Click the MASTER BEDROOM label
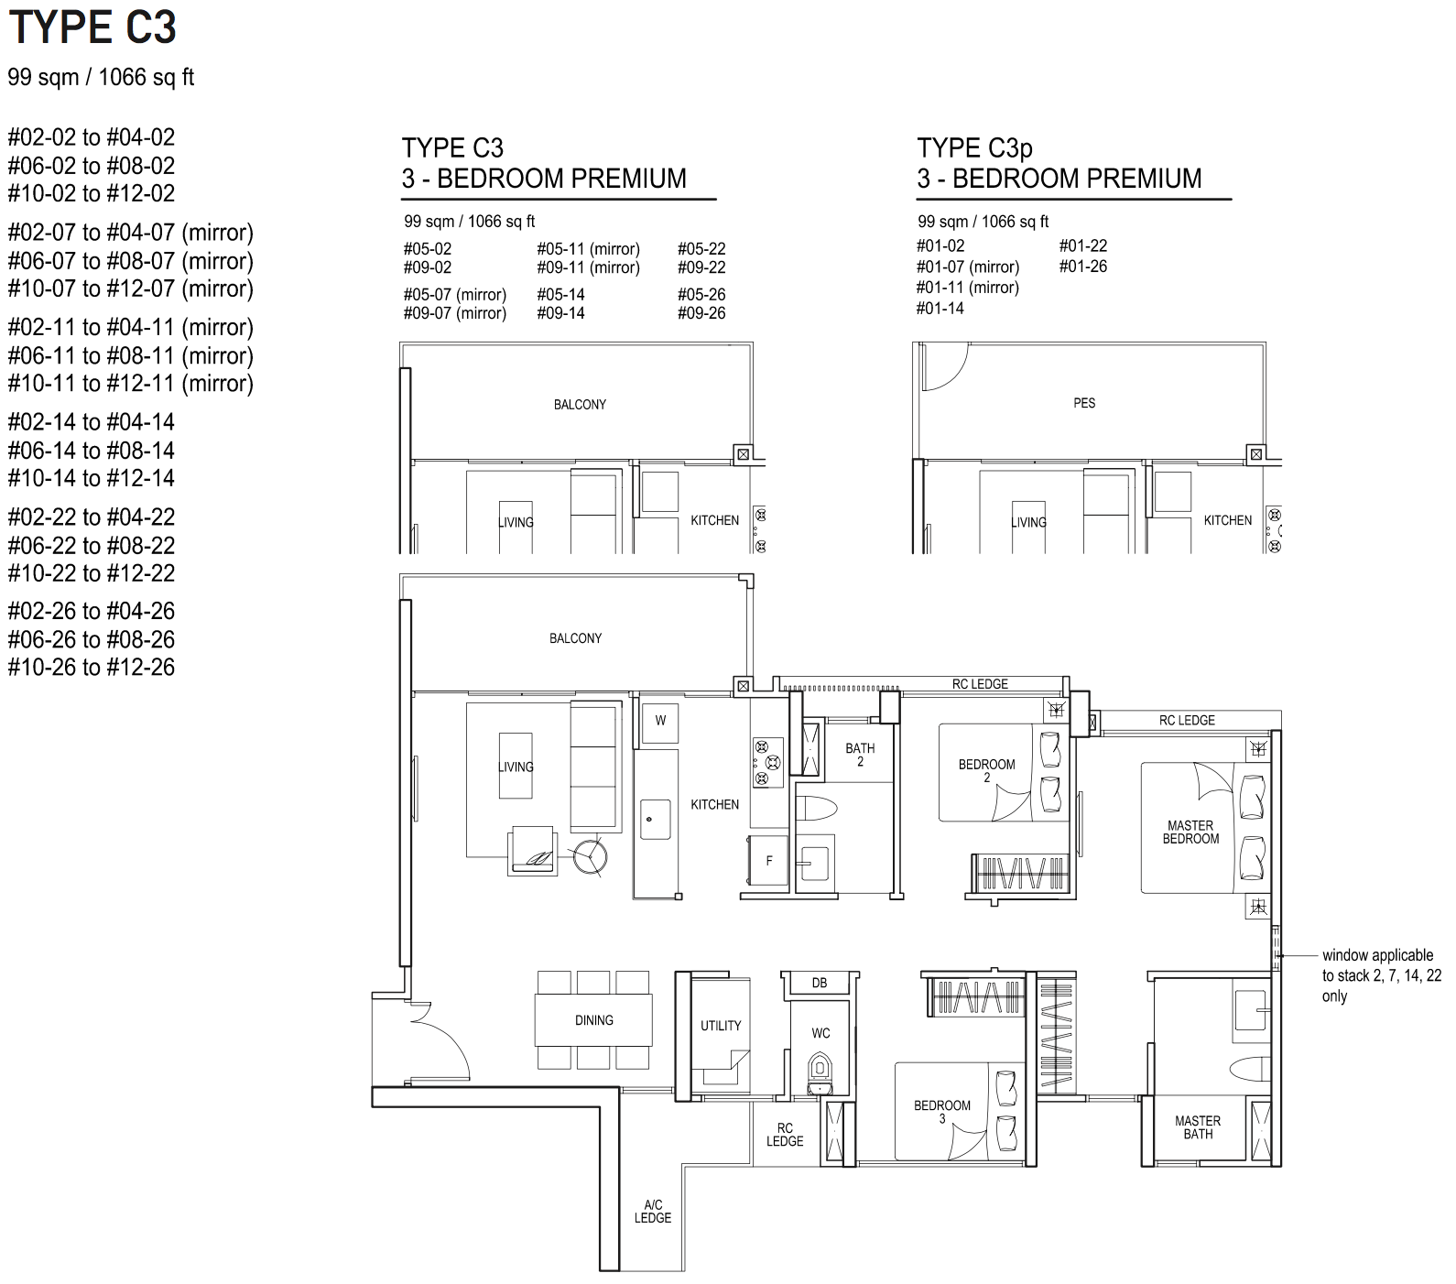(1190, 832)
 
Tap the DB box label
(820, 983)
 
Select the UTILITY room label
(721, 1026)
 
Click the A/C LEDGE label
(653, 1211)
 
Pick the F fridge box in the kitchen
(768, 860)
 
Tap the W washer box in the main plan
(660, 721)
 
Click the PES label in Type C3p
(1084, 403)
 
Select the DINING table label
(594, 1020)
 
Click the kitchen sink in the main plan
(657, 817)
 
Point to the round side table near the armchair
(590, 857)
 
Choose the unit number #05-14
(560, 294)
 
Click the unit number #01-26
(1083, 267)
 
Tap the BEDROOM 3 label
(942, 1112)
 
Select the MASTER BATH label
(1198, 1127)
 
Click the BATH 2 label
(860, 755)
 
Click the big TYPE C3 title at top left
(92, 27)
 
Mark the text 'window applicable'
(1377, 955)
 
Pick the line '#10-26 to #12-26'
(92, 667)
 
